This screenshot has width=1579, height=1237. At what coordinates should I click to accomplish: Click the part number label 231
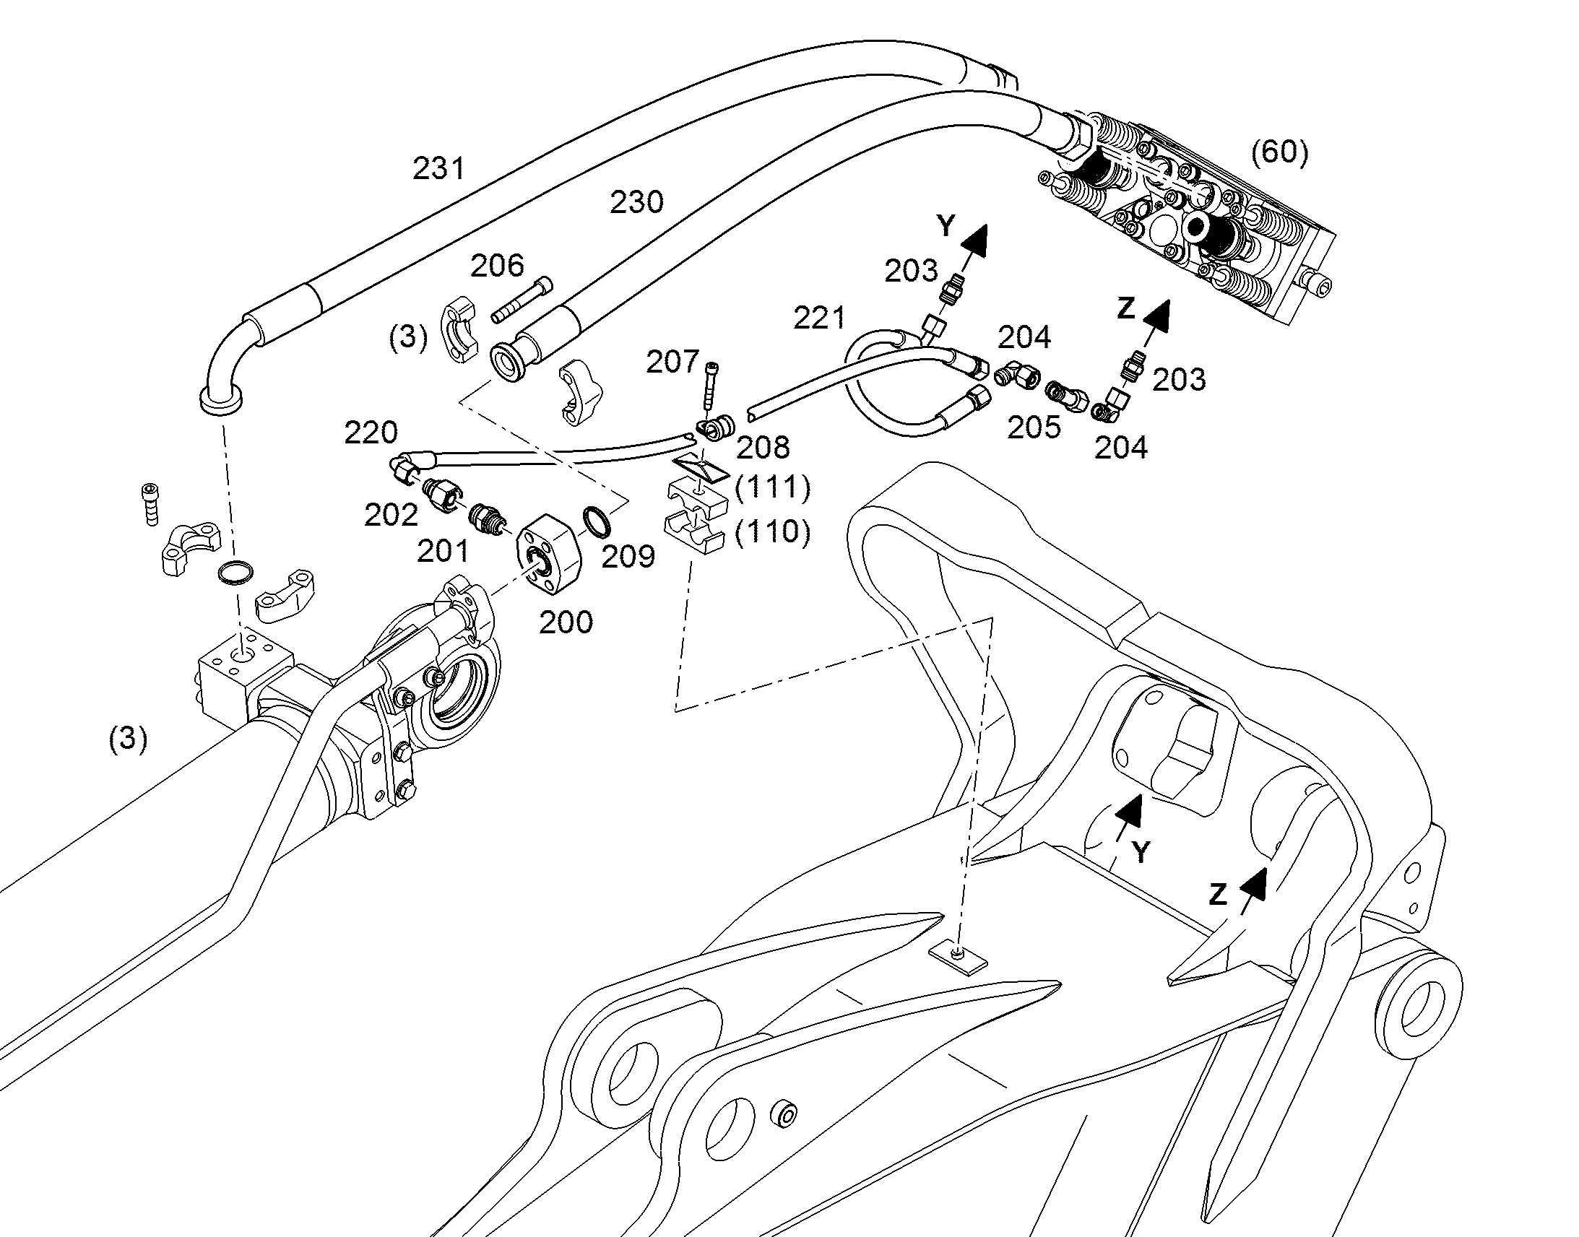438,169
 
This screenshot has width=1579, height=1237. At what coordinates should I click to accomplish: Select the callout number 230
636,203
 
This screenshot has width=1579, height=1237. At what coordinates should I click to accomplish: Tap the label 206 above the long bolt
497,266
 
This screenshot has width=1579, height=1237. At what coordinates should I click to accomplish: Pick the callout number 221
819,318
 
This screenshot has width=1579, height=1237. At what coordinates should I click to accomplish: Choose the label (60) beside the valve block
1280,153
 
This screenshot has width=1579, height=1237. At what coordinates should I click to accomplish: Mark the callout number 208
763,448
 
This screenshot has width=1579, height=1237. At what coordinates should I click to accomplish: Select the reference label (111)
772,487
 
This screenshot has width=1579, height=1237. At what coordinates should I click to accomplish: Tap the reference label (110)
772,532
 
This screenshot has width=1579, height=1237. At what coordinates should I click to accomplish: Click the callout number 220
371,433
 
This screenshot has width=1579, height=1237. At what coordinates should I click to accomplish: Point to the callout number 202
391,516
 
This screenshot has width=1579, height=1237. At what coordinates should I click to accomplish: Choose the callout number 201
443,552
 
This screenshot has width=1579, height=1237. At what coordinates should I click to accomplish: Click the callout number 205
1034,427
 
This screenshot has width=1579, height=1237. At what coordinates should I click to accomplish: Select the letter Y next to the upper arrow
946,227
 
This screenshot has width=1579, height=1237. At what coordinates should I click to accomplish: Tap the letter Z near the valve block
1125,308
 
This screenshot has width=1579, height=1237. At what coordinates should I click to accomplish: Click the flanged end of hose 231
221,400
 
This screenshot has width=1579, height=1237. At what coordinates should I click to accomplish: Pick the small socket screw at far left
150,503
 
